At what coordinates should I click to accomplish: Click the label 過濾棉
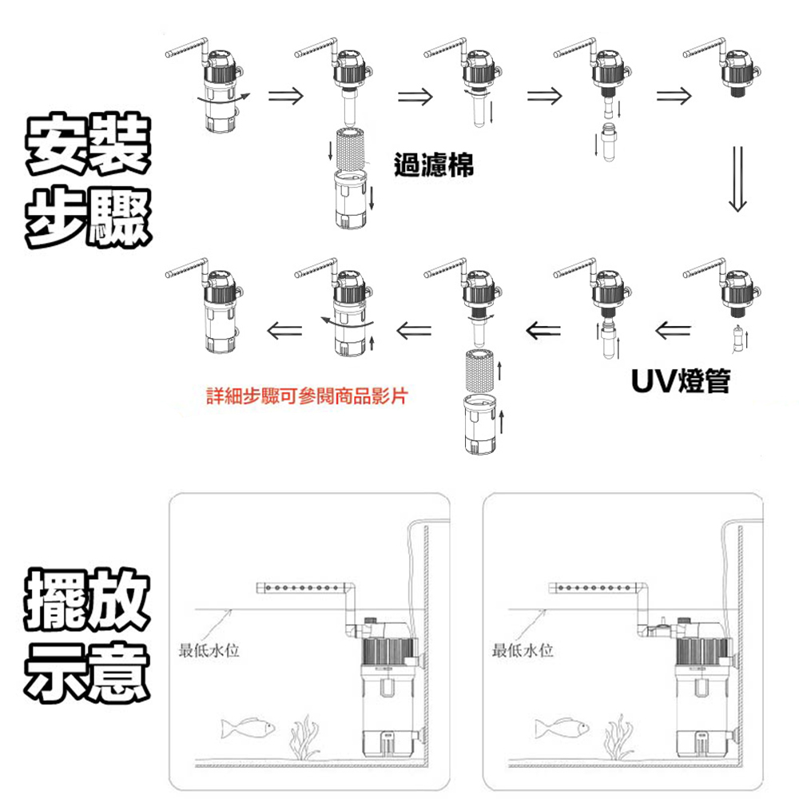[x=434, y=166]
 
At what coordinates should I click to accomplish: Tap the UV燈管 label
[x=679, y=381]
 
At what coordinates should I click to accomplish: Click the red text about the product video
[x=306, y=396]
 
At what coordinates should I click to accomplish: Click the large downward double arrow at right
[x=737, y=178]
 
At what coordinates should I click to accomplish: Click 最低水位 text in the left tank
[x=210, y=651]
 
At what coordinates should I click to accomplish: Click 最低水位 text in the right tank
[x=523, y=651]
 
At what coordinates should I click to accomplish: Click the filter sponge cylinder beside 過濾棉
[x=349, y=145]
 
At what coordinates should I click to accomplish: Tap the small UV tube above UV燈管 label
[x=736, y=339]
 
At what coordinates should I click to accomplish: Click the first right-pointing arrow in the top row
[x=284, y=97]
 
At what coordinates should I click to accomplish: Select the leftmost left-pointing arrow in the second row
[x=284, y=328]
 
